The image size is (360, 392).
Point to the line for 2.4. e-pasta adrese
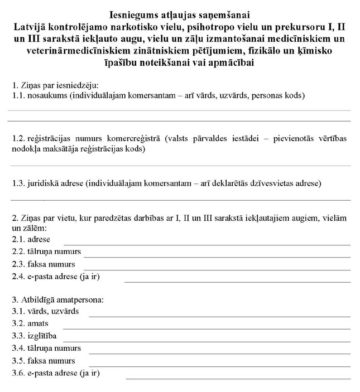click(x=237, y=281)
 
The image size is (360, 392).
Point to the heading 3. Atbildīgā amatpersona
click(x=57, y=299)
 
